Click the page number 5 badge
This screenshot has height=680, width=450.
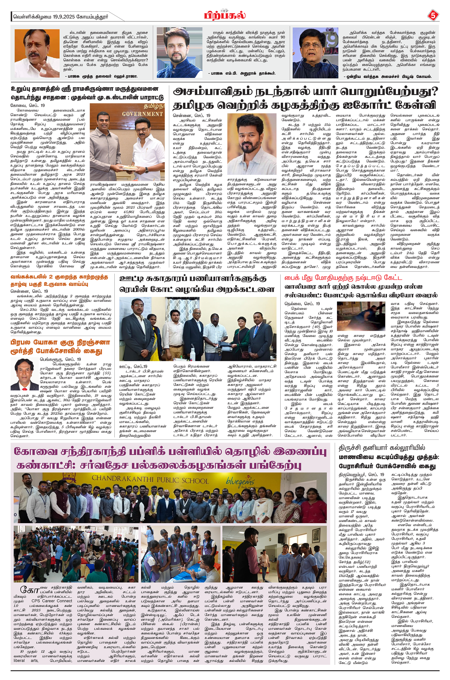point(433,15)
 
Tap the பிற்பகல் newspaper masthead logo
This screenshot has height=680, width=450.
point(225,15)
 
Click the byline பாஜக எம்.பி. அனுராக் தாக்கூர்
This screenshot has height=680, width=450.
point(242,73)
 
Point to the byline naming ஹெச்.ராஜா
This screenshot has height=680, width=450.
point(101,76)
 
